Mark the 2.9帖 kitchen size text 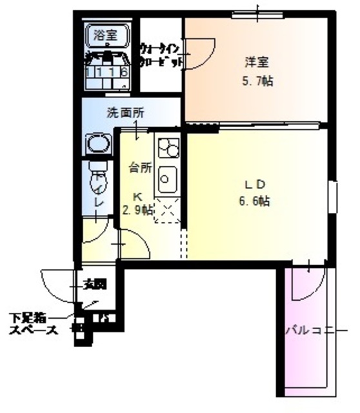pyautogui.click(x=137, y=209)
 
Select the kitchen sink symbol pyautogui.click(x=168, y=176)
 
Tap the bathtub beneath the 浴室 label pyautogui.click(x=108, y=70)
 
